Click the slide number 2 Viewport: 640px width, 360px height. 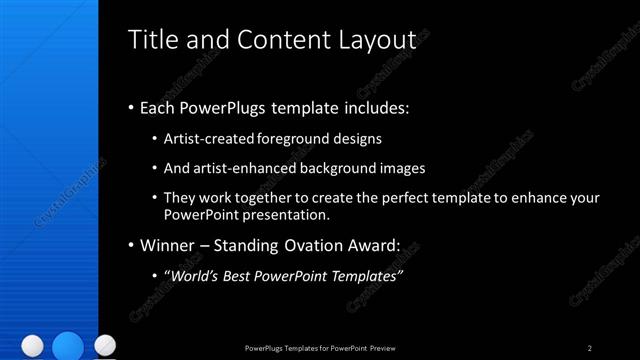589,348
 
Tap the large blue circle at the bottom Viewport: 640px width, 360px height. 68,345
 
